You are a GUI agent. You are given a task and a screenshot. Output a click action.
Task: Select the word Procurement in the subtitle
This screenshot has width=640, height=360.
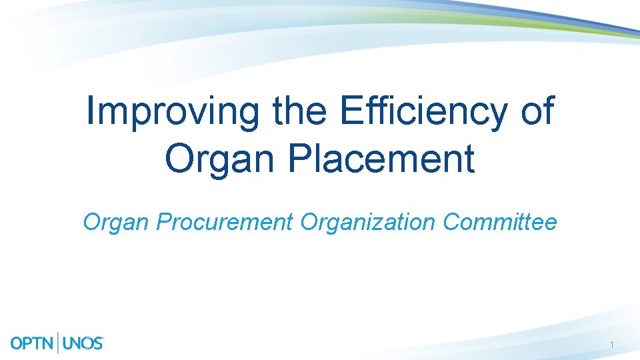[x=225, y=222]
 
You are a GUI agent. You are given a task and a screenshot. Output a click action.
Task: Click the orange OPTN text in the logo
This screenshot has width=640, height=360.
[x=33, y=343]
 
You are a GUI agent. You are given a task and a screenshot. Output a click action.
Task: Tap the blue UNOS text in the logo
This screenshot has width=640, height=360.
[x=83, y=343]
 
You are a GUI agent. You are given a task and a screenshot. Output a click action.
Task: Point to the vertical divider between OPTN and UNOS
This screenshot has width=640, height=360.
[x=59, y=343]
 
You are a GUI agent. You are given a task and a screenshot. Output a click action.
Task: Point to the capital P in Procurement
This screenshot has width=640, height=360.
[x=163, y=222]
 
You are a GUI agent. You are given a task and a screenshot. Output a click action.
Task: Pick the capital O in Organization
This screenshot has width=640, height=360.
[x=310, y=222]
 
